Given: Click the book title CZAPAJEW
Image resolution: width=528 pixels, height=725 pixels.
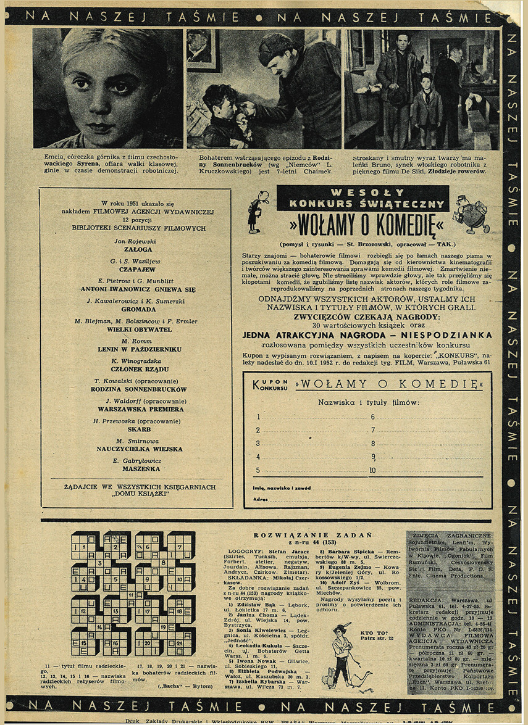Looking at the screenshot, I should [x=134, y=269].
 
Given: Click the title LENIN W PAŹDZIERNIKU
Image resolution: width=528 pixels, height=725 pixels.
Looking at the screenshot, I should [x=134, y=349].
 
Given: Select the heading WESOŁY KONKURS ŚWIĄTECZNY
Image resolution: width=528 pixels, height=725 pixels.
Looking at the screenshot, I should [x=361, y=197].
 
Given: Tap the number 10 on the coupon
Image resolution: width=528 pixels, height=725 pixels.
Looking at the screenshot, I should [x=373, y=470].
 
